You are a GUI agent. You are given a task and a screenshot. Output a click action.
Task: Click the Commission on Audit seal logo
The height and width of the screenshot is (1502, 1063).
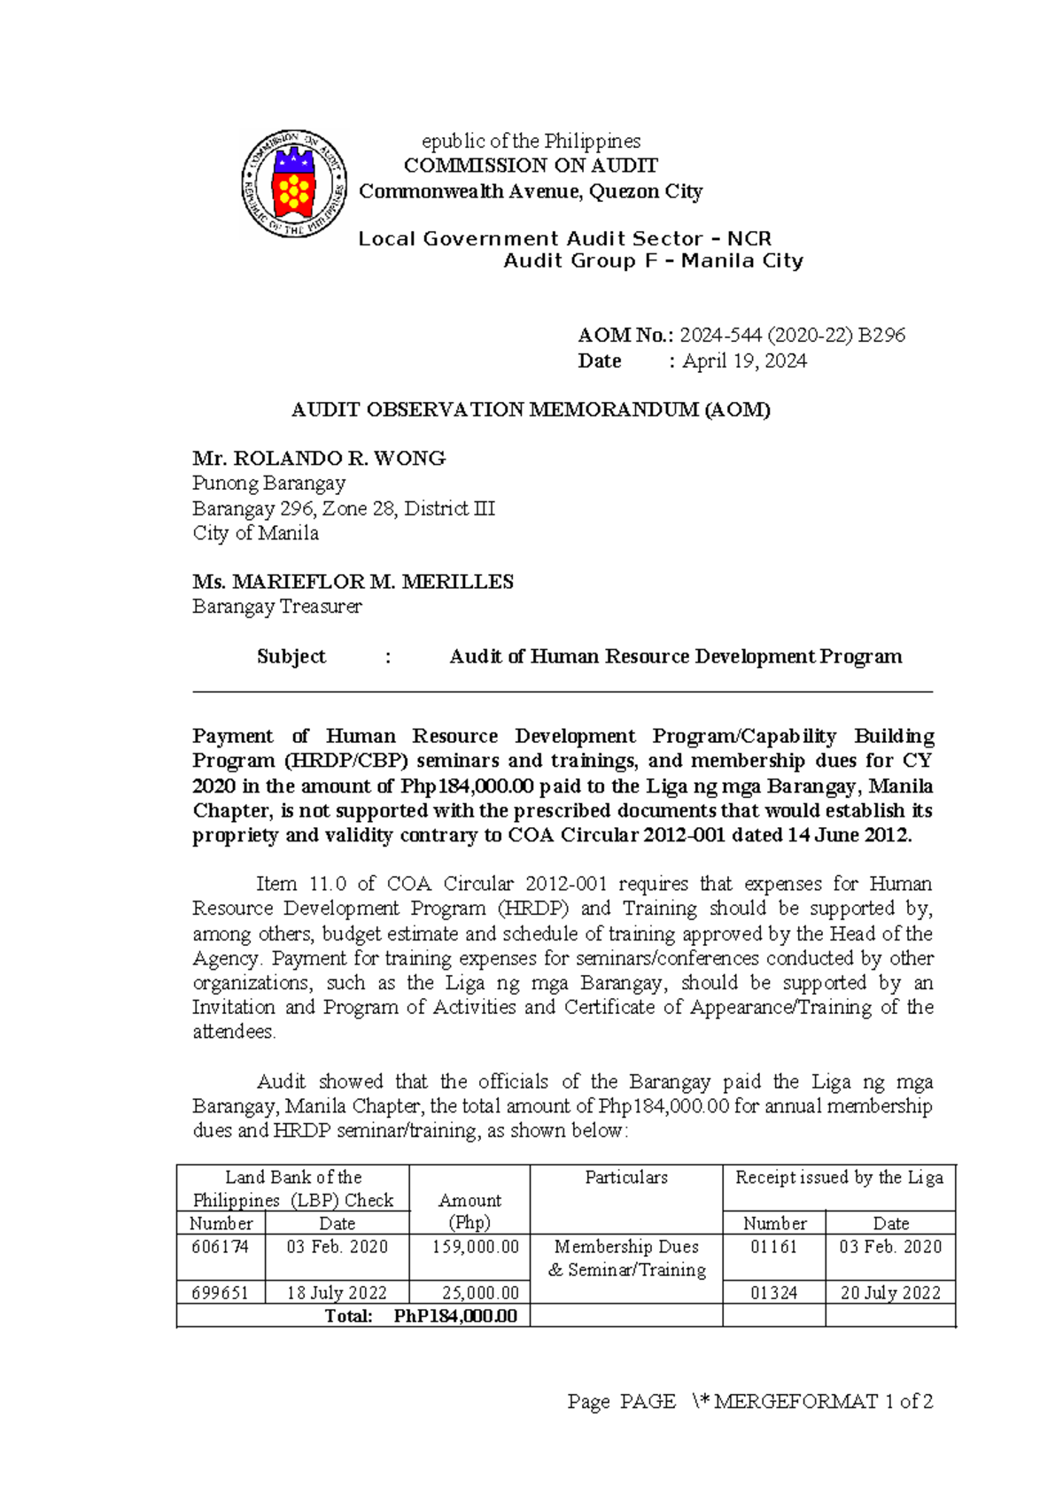[x=293, y=183]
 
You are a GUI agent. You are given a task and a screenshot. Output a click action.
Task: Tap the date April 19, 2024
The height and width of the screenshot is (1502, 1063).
[x=744, y=361]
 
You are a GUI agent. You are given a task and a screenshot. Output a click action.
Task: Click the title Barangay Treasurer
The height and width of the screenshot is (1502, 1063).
[x=277, y=607]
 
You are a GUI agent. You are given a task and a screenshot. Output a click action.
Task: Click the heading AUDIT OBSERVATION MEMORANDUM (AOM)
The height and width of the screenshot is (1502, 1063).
[x=531, y=409]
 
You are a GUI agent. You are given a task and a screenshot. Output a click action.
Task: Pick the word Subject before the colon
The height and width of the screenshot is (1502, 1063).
[x=291, y=656]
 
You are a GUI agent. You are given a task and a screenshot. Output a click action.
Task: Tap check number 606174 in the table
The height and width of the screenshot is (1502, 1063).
[x=221, y=1247]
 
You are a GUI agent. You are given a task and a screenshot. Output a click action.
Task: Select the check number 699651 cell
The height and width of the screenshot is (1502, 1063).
[x=221, y=1293]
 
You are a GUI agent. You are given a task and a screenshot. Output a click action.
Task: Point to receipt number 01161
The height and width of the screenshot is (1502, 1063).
[x=773, y=1247]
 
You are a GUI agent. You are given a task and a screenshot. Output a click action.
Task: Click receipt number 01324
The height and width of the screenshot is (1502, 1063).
[x=773, y=1293]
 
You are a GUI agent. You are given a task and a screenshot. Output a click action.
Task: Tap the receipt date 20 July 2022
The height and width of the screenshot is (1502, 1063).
[x=890, y=1293]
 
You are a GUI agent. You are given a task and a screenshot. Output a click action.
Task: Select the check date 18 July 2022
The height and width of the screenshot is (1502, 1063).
[x=337, y=1293]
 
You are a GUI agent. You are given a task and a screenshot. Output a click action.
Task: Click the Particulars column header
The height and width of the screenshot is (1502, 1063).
[x=625, y=1178]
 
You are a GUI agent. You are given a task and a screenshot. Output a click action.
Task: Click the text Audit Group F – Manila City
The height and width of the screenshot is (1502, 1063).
[x=653, y=261]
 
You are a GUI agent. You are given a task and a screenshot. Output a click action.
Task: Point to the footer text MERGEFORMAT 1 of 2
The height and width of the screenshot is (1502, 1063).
[x=823, y=1402]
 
